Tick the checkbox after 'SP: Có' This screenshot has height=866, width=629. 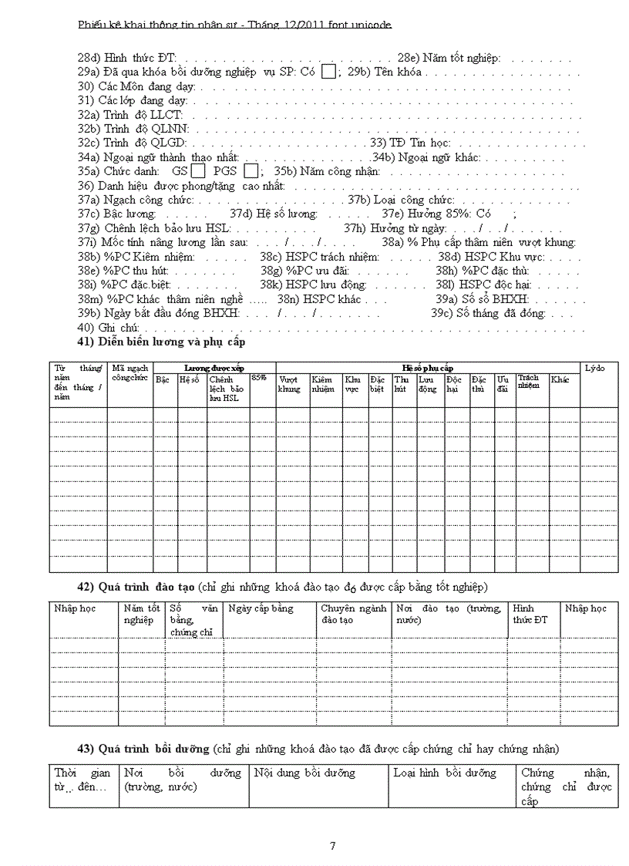coord(328,72)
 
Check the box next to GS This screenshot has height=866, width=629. coord(198,171)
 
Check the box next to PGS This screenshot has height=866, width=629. coord(251,171)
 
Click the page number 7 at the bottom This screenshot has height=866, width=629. coord(332,846)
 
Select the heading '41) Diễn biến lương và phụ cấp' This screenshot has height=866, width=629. coord(161,342)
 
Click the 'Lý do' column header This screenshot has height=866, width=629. coord(595,368)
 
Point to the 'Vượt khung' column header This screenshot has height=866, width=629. coord(290,384)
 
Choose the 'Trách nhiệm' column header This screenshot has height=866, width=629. coord(529,381)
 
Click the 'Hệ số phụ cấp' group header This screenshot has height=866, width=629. coord(428,368)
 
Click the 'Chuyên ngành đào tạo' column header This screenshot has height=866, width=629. coord(353,614)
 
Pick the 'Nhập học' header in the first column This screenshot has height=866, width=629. coord(75,608)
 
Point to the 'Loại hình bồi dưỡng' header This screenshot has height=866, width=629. coord(445,772)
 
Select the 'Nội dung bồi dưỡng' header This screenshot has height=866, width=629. coord(304,772)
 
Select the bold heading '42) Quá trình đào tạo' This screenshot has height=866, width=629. coord(146,587)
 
